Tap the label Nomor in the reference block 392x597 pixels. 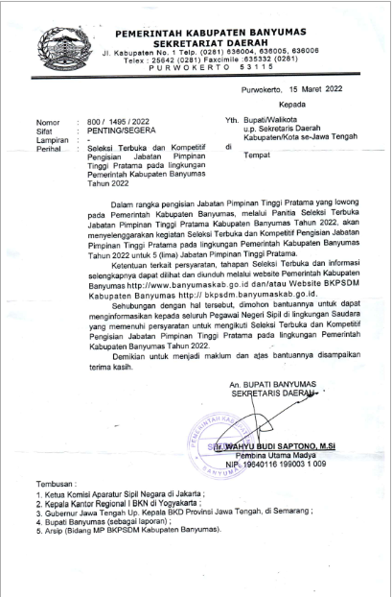point(48,122)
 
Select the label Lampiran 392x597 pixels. point(53,139)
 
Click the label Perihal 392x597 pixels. point(50,148)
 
